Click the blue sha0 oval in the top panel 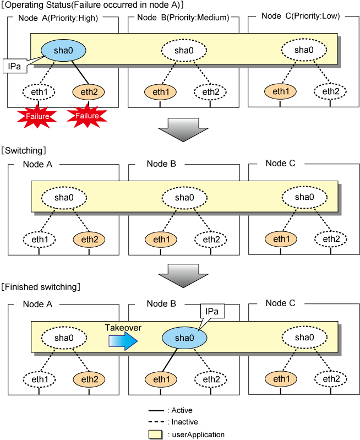click(63, 50)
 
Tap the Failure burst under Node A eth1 click(37, 116)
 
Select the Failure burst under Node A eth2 click(87, 116)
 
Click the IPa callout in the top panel click(15, 66)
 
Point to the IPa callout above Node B click(212, 312)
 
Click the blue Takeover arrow click(123, 341)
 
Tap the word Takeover click(123, 328)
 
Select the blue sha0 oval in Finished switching click(184, 338)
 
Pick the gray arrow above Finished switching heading click(183, 276)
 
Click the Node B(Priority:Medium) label click(183, 18)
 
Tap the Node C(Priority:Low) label click(301, 16)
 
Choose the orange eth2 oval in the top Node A click(89, 92)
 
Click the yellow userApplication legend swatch click(155, 434)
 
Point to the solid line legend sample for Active click(156, 411)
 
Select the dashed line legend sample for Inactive click(156, 422)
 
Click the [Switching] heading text click(24, 150)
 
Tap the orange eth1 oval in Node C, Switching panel click(281, 239)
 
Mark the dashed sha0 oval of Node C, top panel click(304, 50)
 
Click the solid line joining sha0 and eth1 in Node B click(170, 360)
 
